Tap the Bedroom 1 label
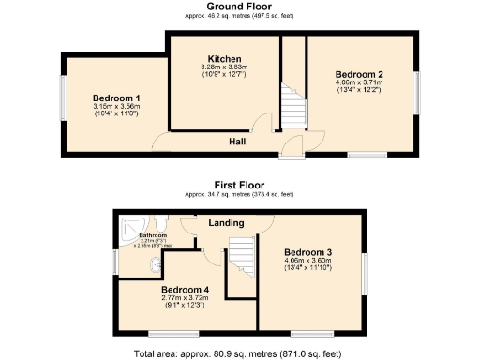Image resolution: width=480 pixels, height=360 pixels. [x=116, y=97]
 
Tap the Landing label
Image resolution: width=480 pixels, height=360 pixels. [x=227, y=223]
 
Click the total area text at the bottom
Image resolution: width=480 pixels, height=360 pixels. [x=239, y=353]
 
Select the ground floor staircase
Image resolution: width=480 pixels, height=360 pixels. [x=293, y=103]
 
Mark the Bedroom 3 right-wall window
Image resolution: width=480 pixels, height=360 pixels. [x=367, y=274]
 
